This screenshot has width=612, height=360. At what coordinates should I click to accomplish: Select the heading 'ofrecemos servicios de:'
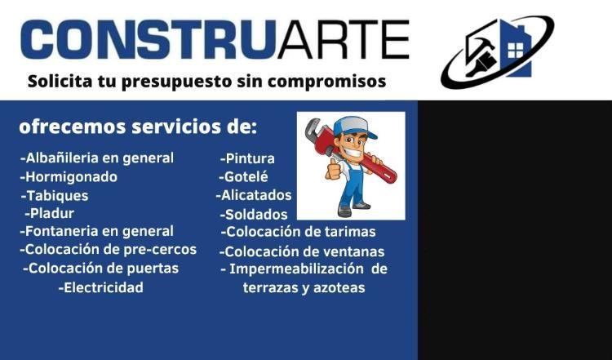(138, 127)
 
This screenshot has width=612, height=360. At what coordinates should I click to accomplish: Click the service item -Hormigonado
(69, 177)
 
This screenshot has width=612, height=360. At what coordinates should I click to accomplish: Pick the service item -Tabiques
(55, 195)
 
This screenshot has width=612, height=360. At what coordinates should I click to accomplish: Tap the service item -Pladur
(49, 213)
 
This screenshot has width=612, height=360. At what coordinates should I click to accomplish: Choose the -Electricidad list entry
(100, 288)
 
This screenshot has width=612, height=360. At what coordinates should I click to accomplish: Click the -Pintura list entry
(247, 158)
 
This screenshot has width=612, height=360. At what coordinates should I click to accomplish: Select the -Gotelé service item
(243, 177)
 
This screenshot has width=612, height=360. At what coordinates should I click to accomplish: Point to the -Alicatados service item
(254, 195)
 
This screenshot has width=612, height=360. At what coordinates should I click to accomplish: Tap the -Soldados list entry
(253, 215)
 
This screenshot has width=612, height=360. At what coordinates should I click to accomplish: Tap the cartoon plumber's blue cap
(354, 127)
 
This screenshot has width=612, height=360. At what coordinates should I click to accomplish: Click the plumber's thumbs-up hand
(333, 171)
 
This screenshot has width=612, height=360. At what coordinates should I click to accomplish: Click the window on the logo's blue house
(515, 50)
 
